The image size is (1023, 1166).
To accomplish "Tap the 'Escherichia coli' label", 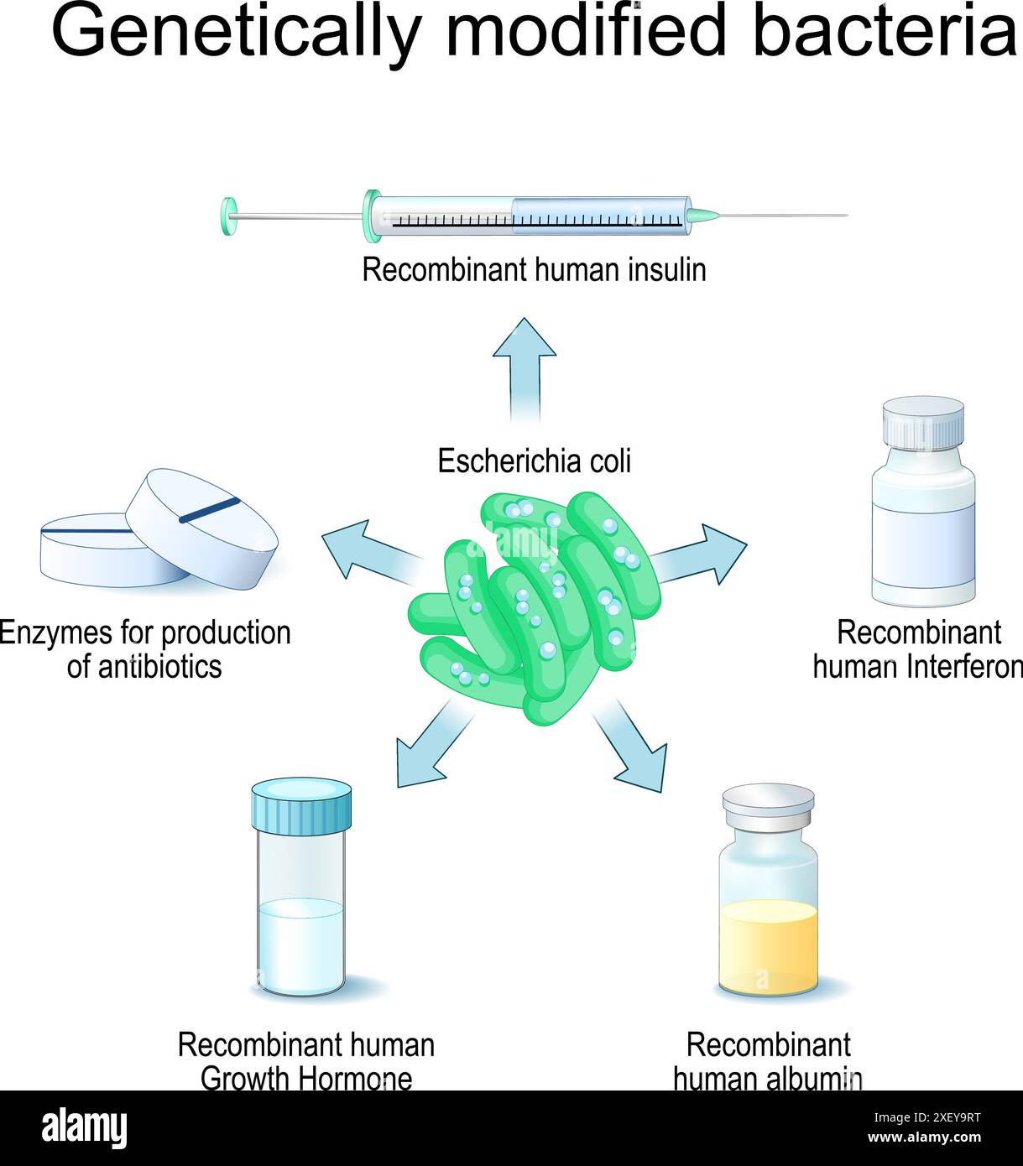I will click(534, 461).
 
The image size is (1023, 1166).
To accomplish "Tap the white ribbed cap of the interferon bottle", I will click(923, 422).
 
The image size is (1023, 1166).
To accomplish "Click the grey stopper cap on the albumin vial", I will click(768, 804).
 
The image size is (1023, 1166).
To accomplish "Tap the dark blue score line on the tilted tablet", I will click(210, 509).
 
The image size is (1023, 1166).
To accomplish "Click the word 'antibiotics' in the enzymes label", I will click(144, 667).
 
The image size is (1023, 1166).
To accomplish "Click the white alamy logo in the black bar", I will click(85, 1127).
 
